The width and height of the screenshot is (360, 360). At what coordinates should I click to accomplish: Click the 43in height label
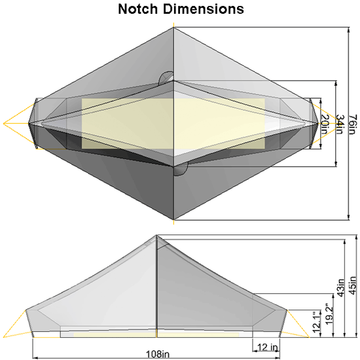[x=339, y=287]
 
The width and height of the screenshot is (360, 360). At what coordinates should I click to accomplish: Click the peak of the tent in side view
[x=156, y=236]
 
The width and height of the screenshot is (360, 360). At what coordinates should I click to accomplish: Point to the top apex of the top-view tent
[x=173, y=27]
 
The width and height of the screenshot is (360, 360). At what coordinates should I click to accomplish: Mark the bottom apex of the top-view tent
[x=173, y=220]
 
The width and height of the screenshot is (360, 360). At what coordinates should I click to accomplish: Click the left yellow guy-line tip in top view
[x=5, y=122]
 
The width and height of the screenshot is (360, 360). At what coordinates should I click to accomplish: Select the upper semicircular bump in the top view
[x=166, y=78]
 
